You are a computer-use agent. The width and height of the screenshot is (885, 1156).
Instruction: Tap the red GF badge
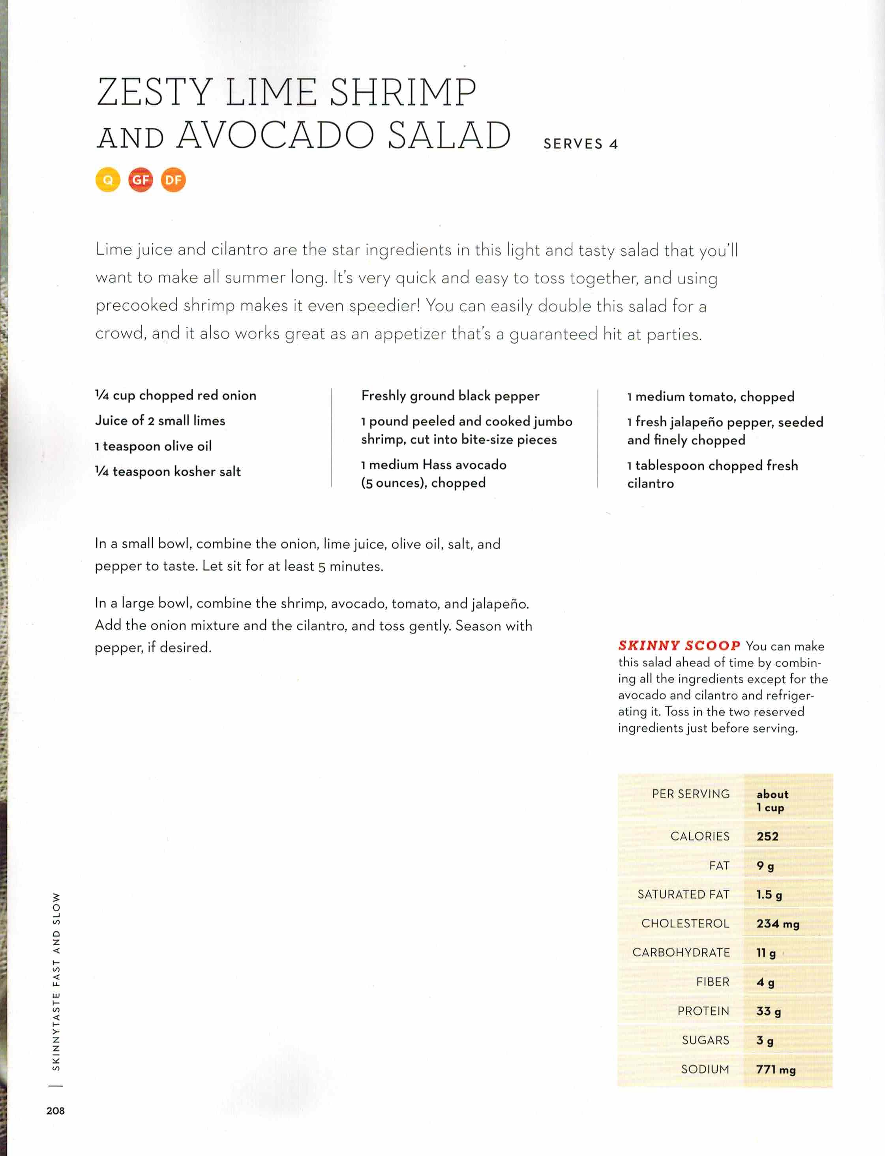tap(141, 180)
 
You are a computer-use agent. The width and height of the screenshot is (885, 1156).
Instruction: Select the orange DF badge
tap(173, 180)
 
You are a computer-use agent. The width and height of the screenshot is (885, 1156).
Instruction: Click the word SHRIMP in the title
tap(403, 93)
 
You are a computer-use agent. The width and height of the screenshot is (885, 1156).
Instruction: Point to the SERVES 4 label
tap(581, 144)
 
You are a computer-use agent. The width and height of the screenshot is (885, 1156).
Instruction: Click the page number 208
tap(55, 1110)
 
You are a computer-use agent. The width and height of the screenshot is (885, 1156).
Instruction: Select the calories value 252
tap(767, 836)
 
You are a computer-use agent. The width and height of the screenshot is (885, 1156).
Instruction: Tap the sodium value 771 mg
tap(775, 1069)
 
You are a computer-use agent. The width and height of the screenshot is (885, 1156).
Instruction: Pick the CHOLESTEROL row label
tap(685, 923)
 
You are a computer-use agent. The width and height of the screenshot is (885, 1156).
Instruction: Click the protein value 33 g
tap(769, 1011)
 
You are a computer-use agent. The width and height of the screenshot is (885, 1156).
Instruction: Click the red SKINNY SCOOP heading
tap(679, 646)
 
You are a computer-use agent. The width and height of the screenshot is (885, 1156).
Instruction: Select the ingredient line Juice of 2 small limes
tap(160, 420)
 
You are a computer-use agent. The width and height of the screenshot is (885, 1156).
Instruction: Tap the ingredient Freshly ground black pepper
tap(450, 395)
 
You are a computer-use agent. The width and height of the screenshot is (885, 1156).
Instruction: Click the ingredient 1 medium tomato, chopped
tap(711, 397)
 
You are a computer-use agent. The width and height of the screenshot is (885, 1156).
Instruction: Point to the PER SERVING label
tap(691, 794)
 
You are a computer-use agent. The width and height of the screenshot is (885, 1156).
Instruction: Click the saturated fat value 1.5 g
tap(769, 894)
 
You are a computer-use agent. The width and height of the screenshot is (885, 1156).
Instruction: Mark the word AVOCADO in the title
tap(276, 135)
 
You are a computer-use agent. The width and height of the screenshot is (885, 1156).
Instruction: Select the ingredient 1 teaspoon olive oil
tap(153, 446)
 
